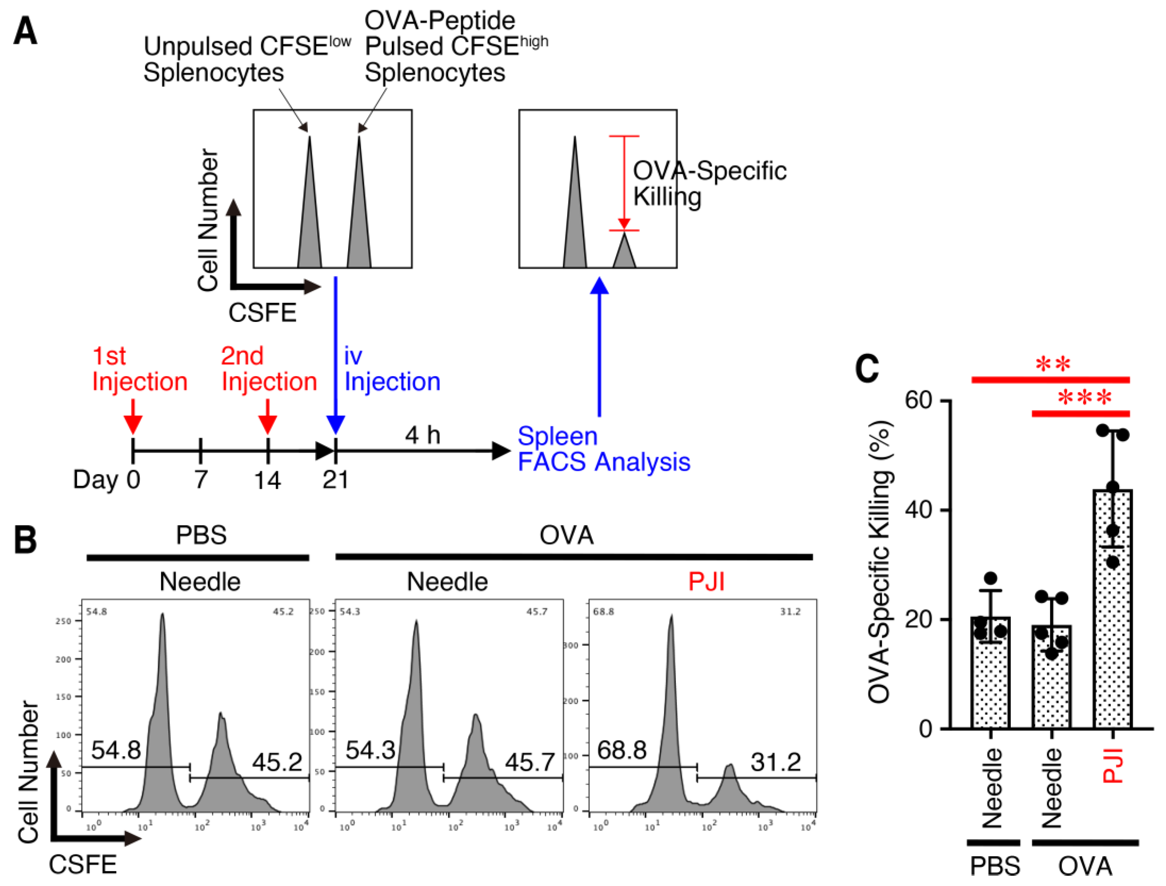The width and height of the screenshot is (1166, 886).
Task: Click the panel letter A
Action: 25,31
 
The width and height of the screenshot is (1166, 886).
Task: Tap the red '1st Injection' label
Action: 139,369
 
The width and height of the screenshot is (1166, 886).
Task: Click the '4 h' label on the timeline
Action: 422,435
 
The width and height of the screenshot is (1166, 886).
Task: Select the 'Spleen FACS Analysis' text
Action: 604,449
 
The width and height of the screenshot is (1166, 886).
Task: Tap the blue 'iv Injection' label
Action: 392,369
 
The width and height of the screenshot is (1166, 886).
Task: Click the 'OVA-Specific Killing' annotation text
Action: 709,183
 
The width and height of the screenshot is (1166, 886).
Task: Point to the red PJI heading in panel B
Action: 706,582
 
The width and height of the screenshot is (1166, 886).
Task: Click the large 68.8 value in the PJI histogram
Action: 622,750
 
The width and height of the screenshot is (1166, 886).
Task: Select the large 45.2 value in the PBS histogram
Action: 277,762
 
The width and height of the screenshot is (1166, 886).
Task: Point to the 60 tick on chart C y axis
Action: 919,400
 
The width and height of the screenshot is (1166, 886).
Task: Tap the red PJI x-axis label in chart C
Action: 1113,765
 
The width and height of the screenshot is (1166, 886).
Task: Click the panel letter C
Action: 867,369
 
